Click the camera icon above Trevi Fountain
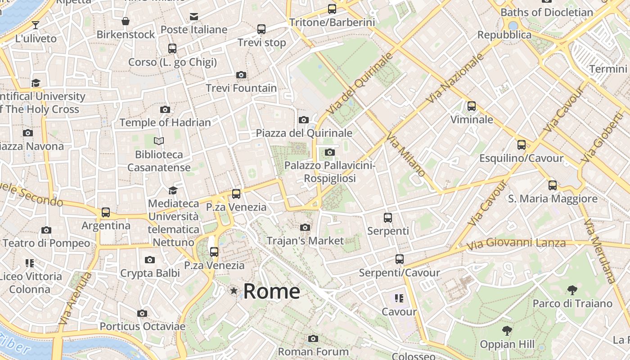click(241, 75)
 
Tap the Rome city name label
click(272, 291)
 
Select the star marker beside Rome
click(234, 291)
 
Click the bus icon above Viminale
click(471, 106)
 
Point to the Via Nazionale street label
click(455, 78)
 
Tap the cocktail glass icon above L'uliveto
click(36, 25)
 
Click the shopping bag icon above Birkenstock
click(126, 21)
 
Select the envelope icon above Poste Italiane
click(194, 17)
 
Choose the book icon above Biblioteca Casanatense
click(158, 141)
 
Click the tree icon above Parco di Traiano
click(572, 290)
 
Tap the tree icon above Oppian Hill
click(507, 331)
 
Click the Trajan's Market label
click(305, 241)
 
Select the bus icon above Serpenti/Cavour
click(399, 259)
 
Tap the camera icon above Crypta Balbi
click(150, 260)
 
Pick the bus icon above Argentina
click(106, 212)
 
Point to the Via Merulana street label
click(598, 251)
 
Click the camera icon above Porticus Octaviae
click(142, 313)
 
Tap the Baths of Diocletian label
click(547, 12)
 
